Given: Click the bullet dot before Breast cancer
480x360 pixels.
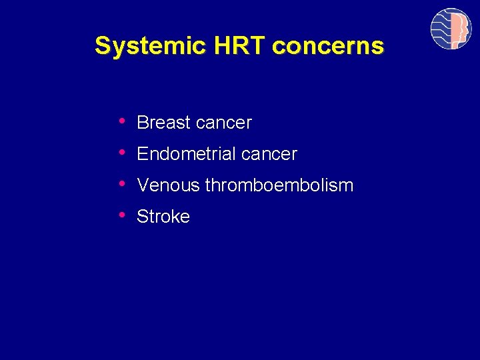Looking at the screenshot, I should click(x=122, y=121).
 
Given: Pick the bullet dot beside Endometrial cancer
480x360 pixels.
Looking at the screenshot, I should click(x=122, y=153).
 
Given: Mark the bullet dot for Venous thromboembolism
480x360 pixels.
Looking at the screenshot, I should click(x=122, y=184).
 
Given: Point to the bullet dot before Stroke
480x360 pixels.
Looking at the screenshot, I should click(x=122, y=215).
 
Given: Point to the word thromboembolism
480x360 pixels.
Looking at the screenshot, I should click(x=279, y=185).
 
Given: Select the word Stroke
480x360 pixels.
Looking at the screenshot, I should click(x=163, y=217).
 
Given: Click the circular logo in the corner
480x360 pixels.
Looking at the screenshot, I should click(x=451, y=29).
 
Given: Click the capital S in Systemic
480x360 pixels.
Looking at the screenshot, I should click(x=102, y=46).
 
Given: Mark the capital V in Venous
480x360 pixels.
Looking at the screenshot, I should click(x=142, y=185).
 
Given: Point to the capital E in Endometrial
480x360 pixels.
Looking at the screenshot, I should click(x=142, y=154).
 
